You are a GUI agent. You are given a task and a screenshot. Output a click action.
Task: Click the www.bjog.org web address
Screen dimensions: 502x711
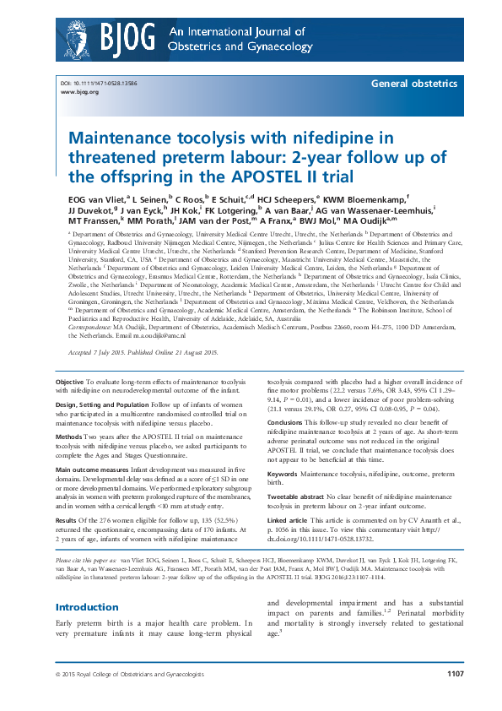pos(77,92)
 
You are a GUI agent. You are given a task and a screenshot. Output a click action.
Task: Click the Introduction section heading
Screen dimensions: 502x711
pos(87,607)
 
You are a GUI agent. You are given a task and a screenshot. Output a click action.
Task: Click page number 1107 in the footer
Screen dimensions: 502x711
pos(456,697)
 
